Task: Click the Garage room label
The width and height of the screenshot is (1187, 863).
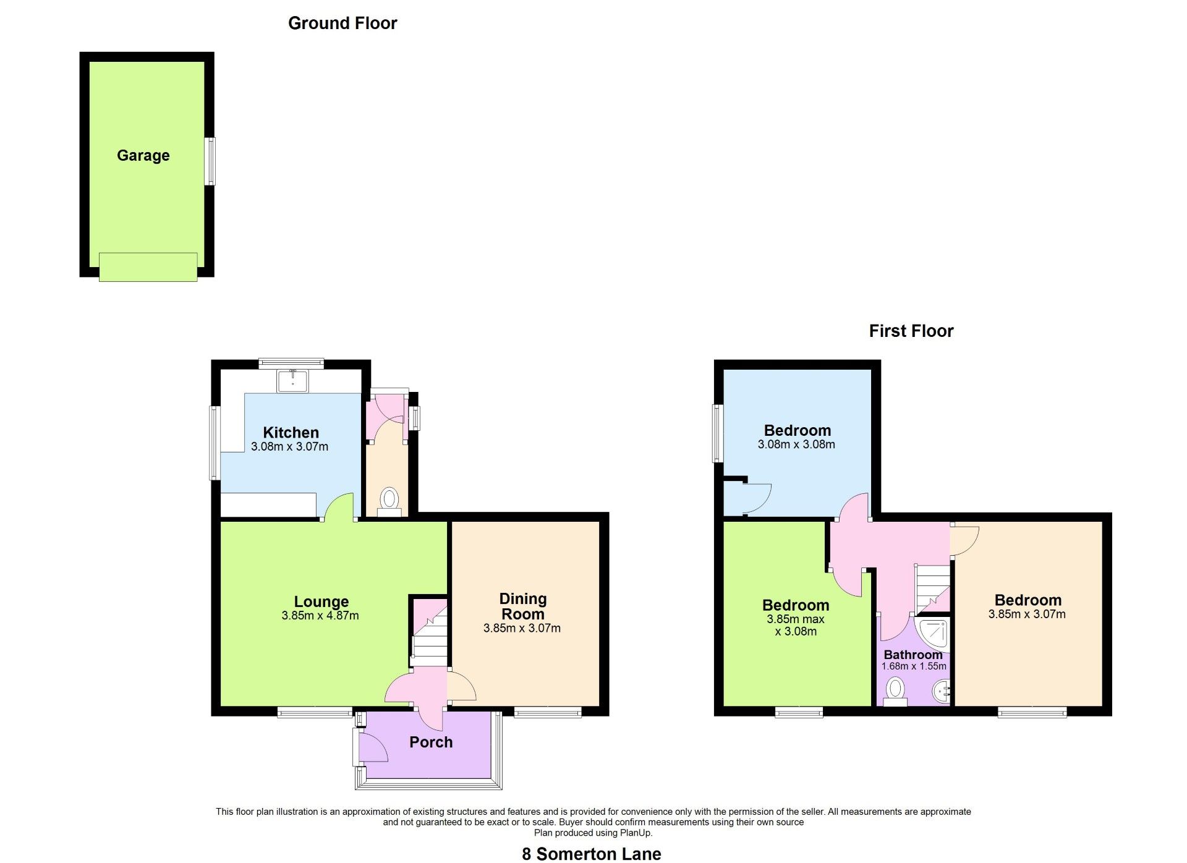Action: (x=143, y=156)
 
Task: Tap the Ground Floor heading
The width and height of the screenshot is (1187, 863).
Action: (x=342, y=23)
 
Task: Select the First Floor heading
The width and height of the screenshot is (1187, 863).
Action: (x=911, y=331)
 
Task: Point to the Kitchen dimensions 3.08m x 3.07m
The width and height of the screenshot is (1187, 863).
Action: (x=289, y=446)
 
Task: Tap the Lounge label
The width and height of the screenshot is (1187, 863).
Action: (x=321, y=602)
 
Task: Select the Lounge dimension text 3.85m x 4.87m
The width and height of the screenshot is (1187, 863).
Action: (x=320, y=616)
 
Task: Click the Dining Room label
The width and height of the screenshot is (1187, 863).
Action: (x=522, y=606)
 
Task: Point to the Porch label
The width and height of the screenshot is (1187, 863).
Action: (x=431, y=742)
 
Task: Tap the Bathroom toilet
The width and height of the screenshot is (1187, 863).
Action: (x=895, y=692)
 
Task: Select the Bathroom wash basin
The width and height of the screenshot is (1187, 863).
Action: (x=942, y=692)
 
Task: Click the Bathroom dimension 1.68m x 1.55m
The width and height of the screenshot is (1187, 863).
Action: (x=914, y=666)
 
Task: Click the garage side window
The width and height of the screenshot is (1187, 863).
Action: (x=211, y=161)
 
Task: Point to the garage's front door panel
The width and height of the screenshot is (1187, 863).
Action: (x=148, y=267)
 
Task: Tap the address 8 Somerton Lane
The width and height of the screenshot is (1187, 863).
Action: (x=592, y=854)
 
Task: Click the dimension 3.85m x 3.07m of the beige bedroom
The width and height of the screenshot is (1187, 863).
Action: (x=1027, y=614)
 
